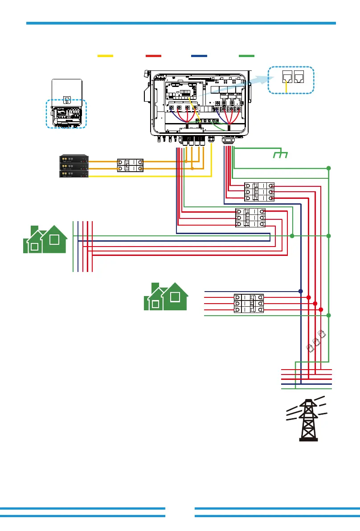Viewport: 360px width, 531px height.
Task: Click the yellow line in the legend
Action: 105,56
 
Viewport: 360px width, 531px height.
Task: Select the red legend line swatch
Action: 153,56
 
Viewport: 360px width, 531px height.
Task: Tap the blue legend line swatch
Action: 199,56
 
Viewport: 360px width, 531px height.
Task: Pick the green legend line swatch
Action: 246,56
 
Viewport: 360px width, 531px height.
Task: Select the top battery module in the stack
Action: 74,158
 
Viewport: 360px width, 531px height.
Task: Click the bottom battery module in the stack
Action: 74,174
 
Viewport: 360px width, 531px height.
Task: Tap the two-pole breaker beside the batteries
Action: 130,165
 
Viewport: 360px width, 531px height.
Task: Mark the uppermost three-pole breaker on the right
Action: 259,192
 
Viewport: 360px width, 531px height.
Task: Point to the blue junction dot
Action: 301,291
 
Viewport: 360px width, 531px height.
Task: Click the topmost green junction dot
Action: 328,168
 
